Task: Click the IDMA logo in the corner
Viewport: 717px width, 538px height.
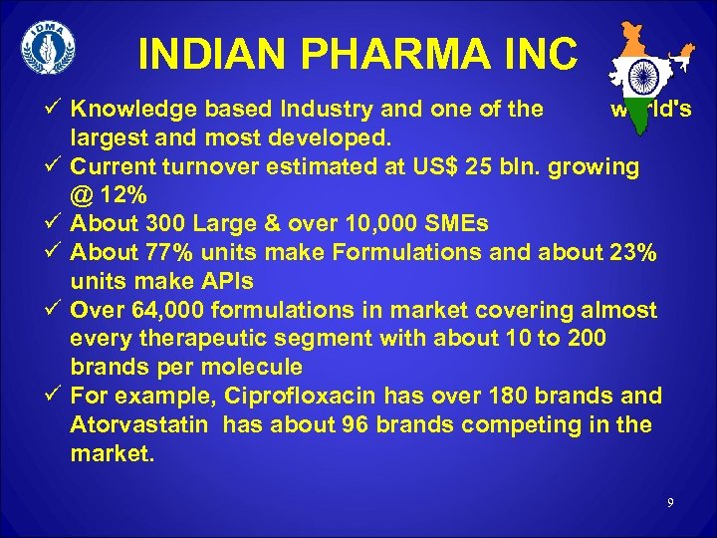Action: point(48,49)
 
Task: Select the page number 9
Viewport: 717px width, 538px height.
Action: point(672,503)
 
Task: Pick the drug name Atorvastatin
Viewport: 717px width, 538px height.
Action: point(139,424)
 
